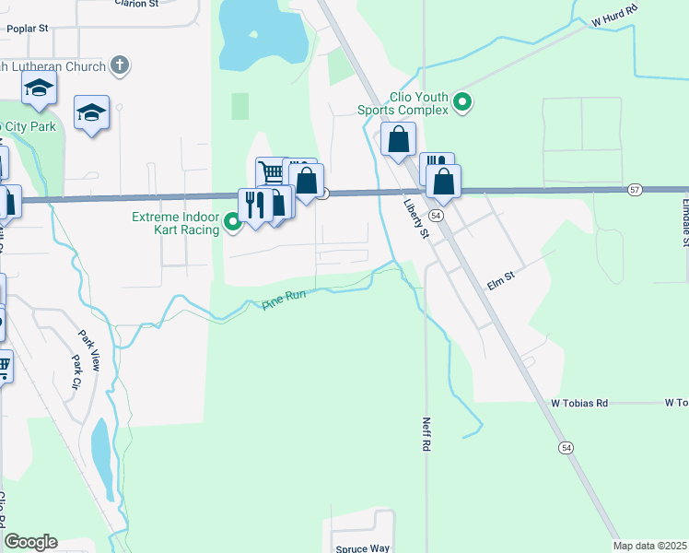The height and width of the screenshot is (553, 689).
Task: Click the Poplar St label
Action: (27, 29)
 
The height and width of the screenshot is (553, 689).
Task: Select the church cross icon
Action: (119, 65)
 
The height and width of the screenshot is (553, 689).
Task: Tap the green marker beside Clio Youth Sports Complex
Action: (463, 103)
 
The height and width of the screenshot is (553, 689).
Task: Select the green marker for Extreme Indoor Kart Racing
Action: (233, 221)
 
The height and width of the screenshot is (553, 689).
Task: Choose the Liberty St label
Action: (416, 221)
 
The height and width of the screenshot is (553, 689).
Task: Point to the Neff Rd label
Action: (426, 431)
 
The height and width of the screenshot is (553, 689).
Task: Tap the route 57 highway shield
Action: (636, 189)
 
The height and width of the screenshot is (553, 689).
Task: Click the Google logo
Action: (30, 542)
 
